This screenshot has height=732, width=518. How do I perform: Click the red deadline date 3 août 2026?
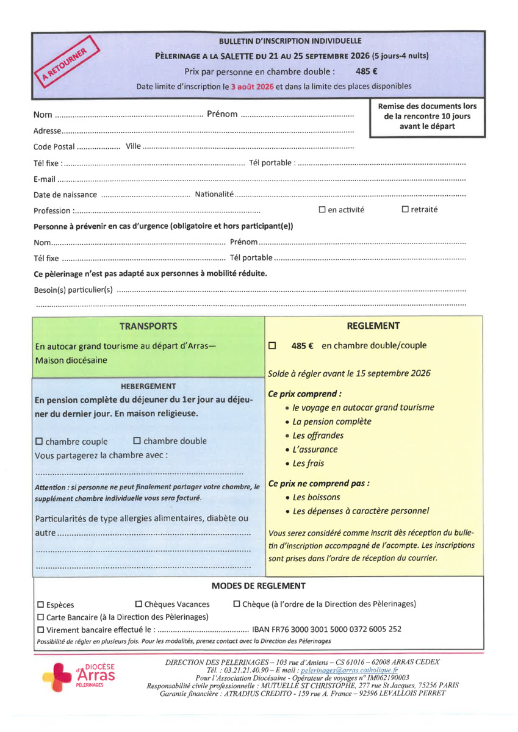point(252,86)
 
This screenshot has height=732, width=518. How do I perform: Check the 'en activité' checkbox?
point(322,210)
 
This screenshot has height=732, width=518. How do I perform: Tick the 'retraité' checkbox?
point(405,210)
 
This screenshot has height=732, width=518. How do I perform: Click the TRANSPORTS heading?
point(148,326)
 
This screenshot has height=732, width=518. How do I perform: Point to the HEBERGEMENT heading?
point(148,386)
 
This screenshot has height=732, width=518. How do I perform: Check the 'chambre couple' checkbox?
point(40,441)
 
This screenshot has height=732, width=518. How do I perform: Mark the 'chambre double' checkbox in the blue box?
point(137,440)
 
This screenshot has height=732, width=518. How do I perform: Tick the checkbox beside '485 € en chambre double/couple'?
point(272,345)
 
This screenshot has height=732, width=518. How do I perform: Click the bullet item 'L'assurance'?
point(315,450)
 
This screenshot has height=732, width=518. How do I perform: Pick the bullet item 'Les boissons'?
point(316,497)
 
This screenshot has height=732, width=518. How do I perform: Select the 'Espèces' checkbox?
point(40,605)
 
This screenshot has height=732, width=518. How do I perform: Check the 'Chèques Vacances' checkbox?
point(138,604)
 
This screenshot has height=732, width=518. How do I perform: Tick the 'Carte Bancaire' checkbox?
point(40,617)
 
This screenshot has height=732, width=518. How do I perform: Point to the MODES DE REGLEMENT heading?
point(258,586)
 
